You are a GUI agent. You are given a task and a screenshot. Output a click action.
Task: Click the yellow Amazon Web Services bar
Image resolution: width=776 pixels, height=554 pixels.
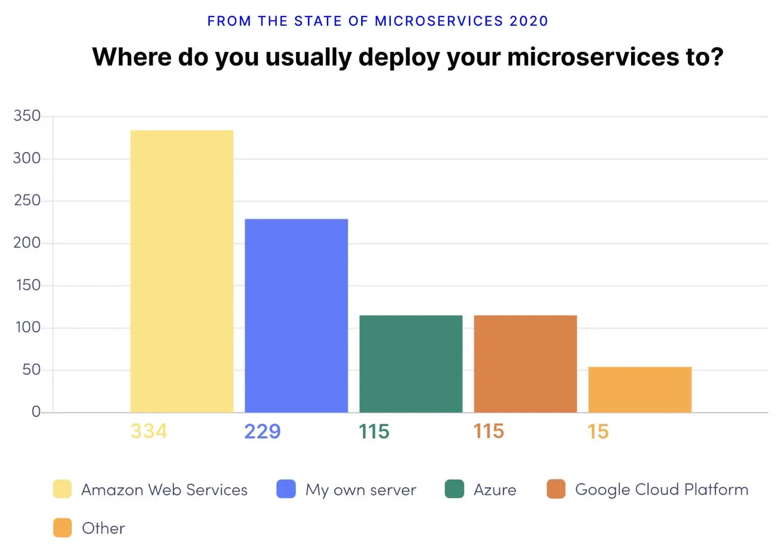181,271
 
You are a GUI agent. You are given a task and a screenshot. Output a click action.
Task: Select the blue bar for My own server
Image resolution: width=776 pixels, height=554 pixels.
296,316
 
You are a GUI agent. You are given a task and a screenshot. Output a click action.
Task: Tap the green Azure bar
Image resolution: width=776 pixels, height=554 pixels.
411,363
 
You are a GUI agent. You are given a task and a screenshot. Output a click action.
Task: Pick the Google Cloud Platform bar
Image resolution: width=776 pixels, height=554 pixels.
525,363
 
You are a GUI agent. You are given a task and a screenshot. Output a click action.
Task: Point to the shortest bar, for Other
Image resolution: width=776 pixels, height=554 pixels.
640,390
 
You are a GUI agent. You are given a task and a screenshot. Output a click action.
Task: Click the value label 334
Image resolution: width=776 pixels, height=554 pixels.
148,431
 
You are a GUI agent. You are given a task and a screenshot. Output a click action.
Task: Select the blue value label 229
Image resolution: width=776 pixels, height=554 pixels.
262,431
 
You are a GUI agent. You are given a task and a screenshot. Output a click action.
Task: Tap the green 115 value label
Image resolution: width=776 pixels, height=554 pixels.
374,431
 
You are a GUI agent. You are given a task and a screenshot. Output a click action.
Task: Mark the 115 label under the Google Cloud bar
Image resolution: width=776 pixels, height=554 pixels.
488,431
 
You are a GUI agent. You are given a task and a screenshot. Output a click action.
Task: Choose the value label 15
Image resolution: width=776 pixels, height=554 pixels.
598,431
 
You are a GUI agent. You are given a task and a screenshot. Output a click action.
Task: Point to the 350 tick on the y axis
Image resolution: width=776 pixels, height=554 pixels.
27,116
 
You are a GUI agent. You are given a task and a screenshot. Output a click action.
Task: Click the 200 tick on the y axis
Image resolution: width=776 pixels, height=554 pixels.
27,243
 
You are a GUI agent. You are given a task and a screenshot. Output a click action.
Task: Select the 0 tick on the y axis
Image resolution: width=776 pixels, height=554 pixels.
36,412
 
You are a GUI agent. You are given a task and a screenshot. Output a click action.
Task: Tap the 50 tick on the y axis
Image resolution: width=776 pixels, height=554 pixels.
31,370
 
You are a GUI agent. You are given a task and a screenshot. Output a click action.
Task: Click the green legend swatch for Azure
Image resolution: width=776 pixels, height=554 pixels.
454,489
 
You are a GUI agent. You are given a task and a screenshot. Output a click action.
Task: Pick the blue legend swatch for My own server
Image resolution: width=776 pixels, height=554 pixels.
286,489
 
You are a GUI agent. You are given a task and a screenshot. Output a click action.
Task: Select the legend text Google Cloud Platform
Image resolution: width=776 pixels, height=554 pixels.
661,490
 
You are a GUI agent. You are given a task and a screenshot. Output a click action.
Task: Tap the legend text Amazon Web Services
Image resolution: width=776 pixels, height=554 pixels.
164,490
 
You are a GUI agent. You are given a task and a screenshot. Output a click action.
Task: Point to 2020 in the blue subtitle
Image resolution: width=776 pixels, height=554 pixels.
528,21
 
